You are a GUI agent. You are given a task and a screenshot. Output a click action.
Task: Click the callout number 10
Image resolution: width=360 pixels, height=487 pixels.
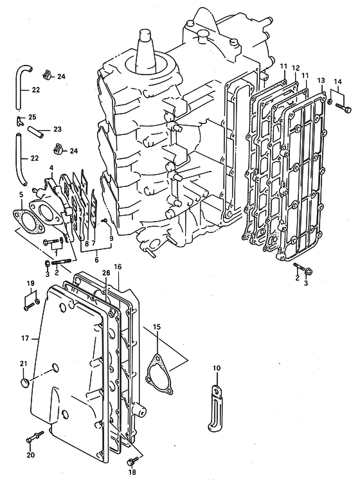[x=217, y=368]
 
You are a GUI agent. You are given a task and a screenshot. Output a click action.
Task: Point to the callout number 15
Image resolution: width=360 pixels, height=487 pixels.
[x=157, y=327]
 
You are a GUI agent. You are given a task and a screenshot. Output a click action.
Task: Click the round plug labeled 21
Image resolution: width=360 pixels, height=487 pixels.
[x=24, y=382]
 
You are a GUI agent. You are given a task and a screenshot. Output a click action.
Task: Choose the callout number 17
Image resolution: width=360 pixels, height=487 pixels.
[x=25, y=338]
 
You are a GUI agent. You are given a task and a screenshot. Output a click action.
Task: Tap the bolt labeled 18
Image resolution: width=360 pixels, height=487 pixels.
[x=131, y=462]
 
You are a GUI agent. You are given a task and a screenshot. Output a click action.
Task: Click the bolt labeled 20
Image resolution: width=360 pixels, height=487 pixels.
[x=34, y=437]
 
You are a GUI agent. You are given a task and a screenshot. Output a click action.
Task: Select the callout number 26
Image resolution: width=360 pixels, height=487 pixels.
[x=106, y=272]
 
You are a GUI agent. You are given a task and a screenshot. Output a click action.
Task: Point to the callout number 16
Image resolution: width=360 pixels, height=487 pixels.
[x=118, y=267]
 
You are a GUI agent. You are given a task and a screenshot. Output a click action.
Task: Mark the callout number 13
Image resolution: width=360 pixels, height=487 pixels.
[x=321, y=81]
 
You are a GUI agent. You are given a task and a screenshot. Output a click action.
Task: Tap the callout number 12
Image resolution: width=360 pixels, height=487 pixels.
[x=295, y=67]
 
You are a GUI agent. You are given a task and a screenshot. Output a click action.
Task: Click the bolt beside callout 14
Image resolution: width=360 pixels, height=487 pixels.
[x=343, y=109]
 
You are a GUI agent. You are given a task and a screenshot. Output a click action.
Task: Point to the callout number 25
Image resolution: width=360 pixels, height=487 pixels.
[x=32, y=117]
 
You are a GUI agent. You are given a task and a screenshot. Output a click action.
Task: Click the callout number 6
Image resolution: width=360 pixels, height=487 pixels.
[x=96, y=260]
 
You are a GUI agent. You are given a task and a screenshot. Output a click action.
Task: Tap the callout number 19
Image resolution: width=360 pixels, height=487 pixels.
[x=30, y=283]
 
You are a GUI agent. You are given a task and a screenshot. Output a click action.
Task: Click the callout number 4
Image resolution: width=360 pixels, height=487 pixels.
[x=51, y=168]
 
